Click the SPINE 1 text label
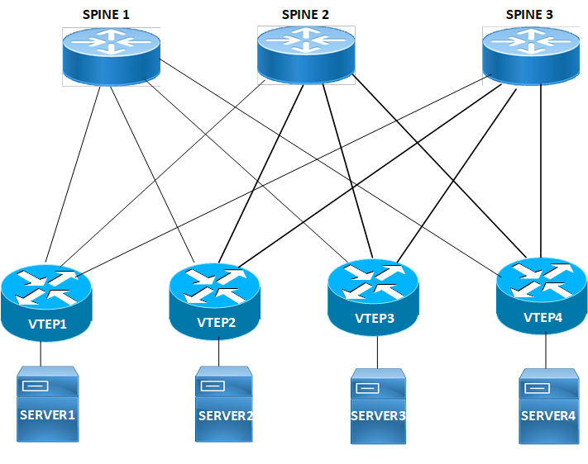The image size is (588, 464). click(x=106, y=15)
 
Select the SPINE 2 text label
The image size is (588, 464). click(x=306, y=15)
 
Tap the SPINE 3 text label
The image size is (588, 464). click(x=530, y=15)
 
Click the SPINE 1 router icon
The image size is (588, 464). click(x=112, y=54)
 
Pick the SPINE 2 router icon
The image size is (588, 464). click(x=306, y=52)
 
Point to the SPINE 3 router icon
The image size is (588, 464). click(x=530, y=54)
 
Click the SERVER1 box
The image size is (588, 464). click(x=47, y=408)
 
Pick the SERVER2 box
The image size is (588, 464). click(x=224, y=410)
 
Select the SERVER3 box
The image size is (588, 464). click(x=378, y=410)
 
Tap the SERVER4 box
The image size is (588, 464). click(x=547, y=410)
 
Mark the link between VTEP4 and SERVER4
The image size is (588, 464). click(x=546, y=351)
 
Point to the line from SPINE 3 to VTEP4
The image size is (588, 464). click(x=541, y=165)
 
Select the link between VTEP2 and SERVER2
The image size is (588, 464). click(x=219, y=353)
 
